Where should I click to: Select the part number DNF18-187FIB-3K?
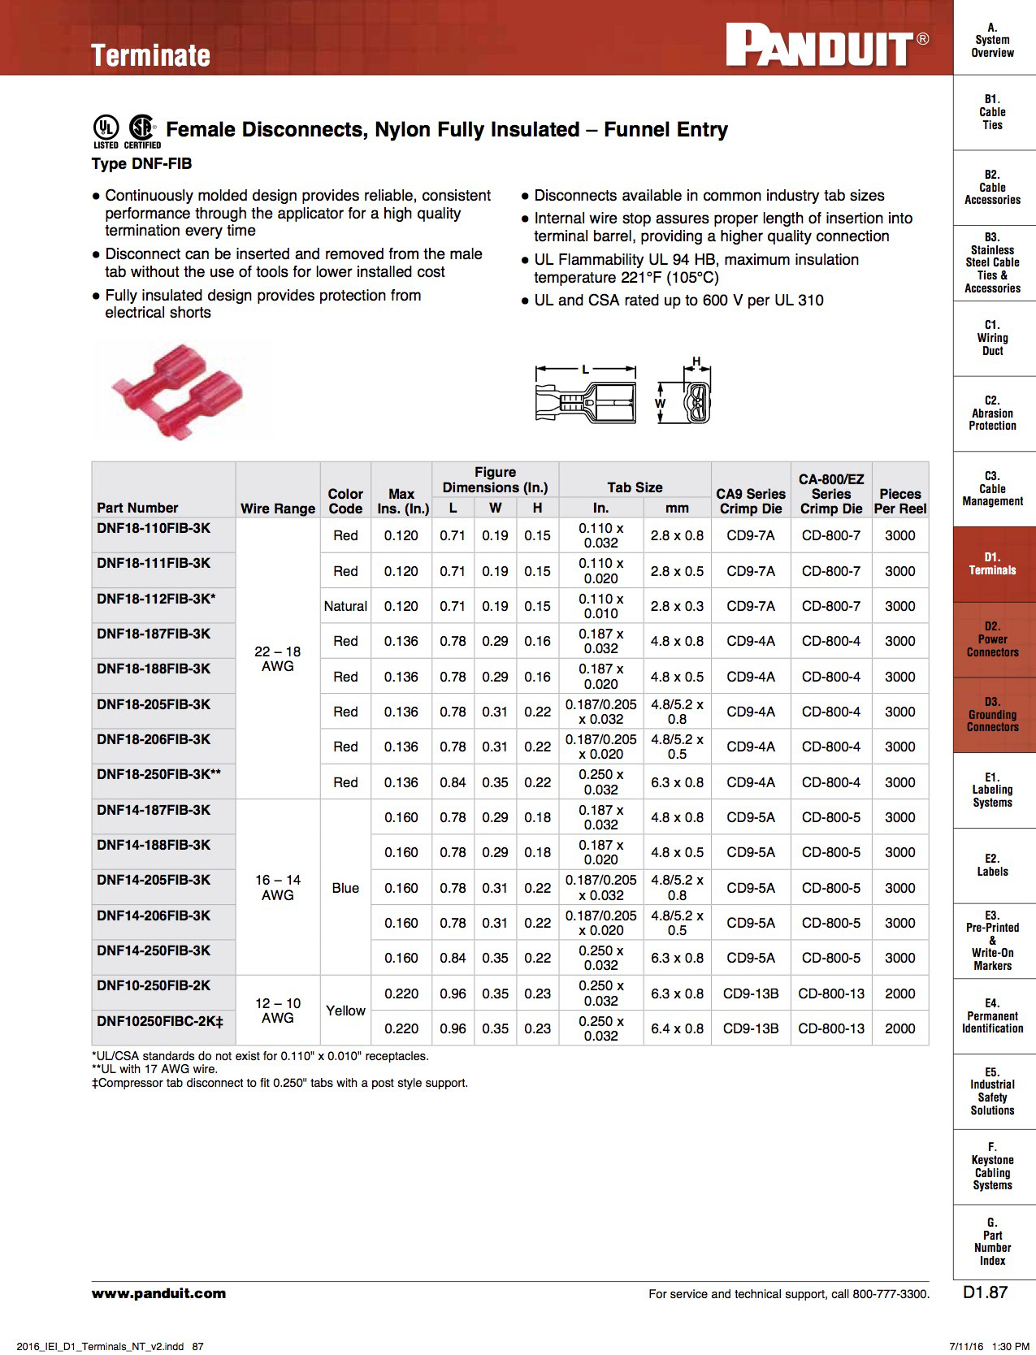pyautogui.click(x=154, y=634)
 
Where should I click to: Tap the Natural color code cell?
pyautogui.click(x=345, y=606)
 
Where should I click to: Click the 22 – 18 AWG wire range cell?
pyautogui.click(x=277, y=658)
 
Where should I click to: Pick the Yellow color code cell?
pyautogui.click(x=345, y=1011)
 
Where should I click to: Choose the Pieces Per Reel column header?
pyautogui.click(x=899, y=500)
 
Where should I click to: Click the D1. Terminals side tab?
pyautogui.click(x=992, y=564)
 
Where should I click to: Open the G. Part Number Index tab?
pyautogui.click(x=992, y=1241)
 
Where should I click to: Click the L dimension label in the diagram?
pyautogui.click(x=585, y=370)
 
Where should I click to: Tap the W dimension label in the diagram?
pyautogui.click(x=660, y=403)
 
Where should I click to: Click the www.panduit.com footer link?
pyautogui.click(x=158, y=1293)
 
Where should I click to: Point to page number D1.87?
pyautogui.click(x=985, y=1292)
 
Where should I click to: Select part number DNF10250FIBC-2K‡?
pyautogui.click(x=159, y=1021)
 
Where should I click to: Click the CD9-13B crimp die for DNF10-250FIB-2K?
pyautogui.click(x=751, y=994)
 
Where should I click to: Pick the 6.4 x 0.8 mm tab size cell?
pyautogui.click(x=677, y=1028)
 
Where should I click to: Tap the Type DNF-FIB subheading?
pyautogui.click(x=142, y=163)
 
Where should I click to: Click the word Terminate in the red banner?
pyautogui.click(x=150, y=55)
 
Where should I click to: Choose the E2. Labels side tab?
pyautogui.click(x=992, y=865)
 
